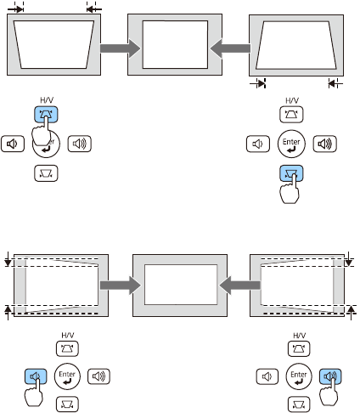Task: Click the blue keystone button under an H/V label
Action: [46, 114]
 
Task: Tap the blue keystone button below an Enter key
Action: [291, 173]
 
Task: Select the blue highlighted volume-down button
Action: [36, 376]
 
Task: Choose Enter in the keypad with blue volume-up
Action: [299, 376]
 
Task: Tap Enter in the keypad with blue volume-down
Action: [67, 376]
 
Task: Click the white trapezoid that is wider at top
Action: [53, 44]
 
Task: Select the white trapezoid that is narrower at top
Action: [296, 45]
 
